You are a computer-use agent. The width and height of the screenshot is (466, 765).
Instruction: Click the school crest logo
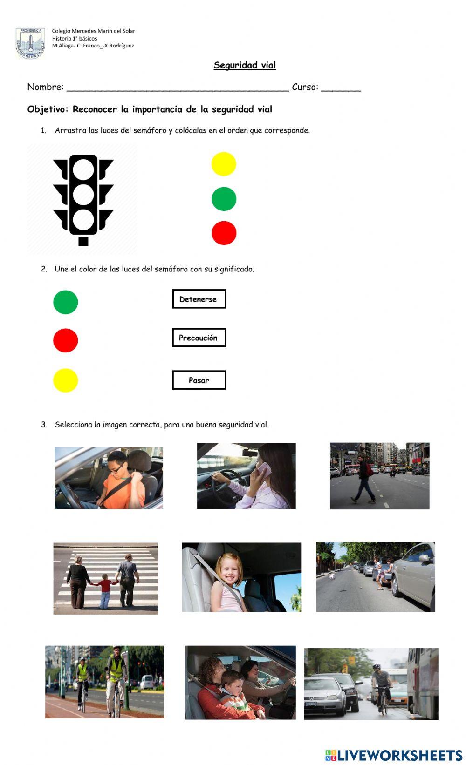[30, 43]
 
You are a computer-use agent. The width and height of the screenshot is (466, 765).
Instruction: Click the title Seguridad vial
[245, 65]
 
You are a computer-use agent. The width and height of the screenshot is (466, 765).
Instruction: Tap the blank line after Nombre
[178, 88]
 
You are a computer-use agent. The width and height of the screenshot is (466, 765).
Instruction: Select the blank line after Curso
[341, 88]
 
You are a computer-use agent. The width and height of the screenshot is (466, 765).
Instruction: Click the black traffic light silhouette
[83, 199]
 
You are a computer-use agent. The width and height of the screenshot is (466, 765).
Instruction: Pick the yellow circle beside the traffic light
[224, 164]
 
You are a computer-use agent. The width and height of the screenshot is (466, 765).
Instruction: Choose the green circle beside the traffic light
[224, 199]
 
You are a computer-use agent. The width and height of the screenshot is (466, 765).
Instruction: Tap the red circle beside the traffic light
[224, 233]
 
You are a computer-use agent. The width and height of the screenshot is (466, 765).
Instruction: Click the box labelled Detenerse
[199, 299]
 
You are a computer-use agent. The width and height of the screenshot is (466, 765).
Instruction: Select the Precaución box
[199, 338]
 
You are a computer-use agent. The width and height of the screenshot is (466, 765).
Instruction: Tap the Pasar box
[199, 380]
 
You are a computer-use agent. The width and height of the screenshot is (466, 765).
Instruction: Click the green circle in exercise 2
[65, 302]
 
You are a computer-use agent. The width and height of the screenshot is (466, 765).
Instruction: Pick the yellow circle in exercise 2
[65, 380]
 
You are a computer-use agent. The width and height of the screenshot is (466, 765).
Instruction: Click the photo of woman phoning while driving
[246, 476]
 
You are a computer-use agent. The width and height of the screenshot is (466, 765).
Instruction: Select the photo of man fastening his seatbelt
[109, 478]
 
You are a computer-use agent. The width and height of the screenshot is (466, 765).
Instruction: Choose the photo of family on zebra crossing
[105, 578]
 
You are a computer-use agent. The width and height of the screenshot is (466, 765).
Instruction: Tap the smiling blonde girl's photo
[241, 577]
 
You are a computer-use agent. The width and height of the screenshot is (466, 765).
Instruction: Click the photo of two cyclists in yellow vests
[104, 682]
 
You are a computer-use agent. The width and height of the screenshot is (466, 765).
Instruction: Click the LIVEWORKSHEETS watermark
[394, 755]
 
